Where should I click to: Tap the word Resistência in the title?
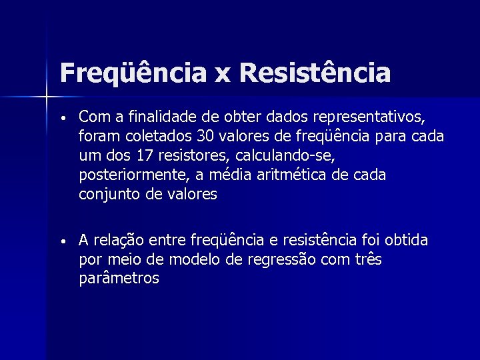point(313,73)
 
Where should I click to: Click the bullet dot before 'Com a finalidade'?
point(62,119)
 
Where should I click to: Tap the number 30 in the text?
point(205,137)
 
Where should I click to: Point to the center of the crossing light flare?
point(47,98)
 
